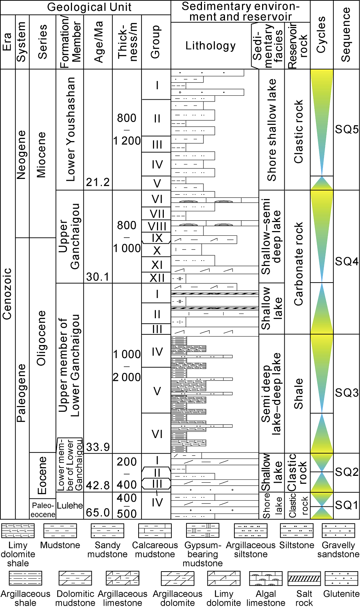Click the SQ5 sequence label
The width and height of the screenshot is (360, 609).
tap(347, 129)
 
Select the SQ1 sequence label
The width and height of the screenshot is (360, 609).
tap(347, 505)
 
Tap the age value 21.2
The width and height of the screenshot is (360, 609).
tap(98, 182)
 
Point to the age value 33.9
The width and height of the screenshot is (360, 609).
tap(98, 447)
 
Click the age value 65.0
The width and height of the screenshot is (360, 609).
tap(98, 513)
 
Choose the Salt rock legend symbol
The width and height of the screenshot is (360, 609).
tap(304, 578)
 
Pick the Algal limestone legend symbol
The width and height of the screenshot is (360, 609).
tap(266, 578)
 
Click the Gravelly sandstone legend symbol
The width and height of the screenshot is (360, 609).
tap(338, 531)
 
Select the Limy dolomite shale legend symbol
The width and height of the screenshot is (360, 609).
tap(18, 531)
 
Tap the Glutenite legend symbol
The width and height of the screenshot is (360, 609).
tap(341, 578)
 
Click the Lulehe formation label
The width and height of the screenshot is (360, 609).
tap(70, 506)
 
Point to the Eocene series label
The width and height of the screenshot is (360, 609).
tap(42, 475)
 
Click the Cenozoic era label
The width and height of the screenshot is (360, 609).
tap(7, 294)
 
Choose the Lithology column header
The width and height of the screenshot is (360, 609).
tap(211, 46)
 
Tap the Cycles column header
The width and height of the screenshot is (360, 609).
tap(321, 35)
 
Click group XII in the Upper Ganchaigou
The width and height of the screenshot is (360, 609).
tap(157, 278)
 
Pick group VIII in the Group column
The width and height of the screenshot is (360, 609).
tap(157, 226)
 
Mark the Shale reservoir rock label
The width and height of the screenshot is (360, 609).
tap(298, 393)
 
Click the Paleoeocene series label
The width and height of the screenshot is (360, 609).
tap(43, 510)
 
